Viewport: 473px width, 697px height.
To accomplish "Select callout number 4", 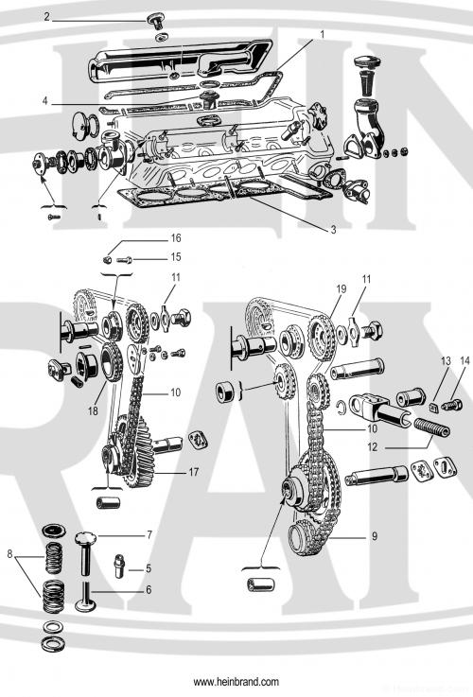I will click(x=45, y=103).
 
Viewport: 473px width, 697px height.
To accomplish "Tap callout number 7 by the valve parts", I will click(x=149, y=535).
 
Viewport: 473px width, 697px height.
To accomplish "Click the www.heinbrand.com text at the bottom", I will click(x=236, y=682).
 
